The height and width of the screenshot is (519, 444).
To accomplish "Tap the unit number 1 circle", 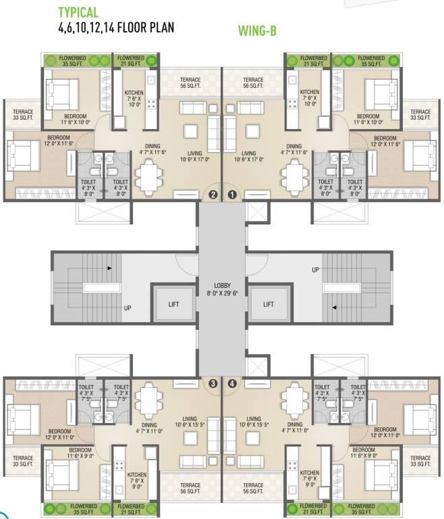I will pyautogui.click(x=232, y=195).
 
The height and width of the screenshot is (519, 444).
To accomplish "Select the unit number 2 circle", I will pyautogui.click(x=213, y=195).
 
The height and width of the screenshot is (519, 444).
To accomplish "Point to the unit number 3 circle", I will pyautogui.click(x=213, y=384).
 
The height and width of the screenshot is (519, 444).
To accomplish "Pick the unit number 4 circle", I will pyautogui.click(x=232, y=384).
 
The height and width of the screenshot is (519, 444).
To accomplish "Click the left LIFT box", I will pyautogui.click(x=174, y=304).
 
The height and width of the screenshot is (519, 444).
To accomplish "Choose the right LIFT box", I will pyautogui.click(x=269, y=304).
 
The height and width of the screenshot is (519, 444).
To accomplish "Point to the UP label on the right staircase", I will pyautogui.click(x=316, y=270).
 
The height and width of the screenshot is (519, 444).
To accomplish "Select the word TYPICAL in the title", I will pyautogui.click(x=78, y=12).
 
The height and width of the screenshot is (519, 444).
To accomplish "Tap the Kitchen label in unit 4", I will pyautogui.click(x=310, y=478).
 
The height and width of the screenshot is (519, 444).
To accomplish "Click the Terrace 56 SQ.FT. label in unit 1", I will pyautogui.click(x=254, y=83).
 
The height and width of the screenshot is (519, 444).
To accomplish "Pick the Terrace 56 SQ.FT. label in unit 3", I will pyautogui.click(x=190, y=489).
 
